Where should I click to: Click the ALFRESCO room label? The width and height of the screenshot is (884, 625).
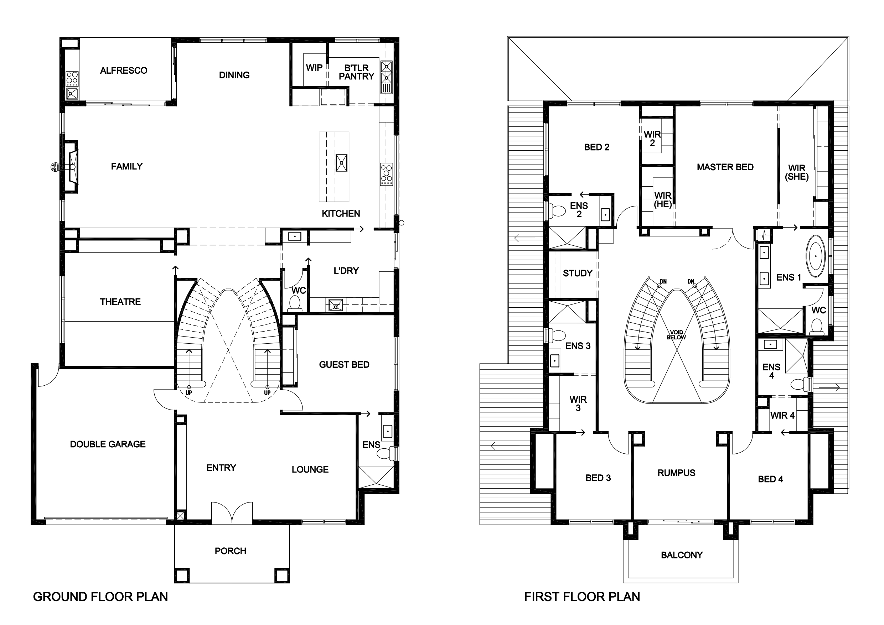[124, 71]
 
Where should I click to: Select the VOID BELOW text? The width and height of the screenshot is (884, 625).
[677, 335]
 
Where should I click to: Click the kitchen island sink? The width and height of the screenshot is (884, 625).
[341, 163]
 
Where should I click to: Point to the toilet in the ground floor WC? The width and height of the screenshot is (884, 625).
[295, 303]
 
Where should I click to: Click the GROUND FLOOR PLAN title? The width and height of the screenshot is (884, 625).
[100, 597]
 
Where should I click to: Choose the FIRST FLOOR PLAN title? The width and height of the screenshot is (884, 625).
[582, 597]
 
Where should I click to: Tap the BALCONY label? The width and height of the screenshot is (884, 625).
[682, 555]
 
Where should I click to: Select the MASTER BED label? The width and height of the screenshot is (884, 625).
[725, 167]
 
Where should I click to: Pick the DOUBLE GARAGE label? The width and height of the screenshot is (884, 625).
[108, 444]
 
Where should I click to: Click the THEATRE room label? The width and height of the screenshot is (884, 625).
[120, 302]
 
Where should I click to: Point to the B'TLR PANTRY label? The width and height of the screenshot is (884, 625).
[357, 72]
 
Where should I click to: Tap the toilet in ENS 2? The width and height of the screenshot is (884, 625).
[556, 210]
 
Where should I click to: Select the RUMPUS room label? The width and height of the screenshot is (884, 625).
[677, 473]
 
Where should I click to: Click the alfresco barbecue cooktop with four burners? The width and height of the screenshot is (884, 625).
[72, 78]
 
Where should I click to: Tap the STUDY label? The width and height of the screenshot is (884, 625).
[578, 273]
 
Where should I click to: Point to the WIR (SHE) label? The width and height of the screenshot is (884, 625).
[797, 172]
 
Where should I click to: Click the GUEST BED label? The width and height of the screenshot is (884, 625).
[344, 364]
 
